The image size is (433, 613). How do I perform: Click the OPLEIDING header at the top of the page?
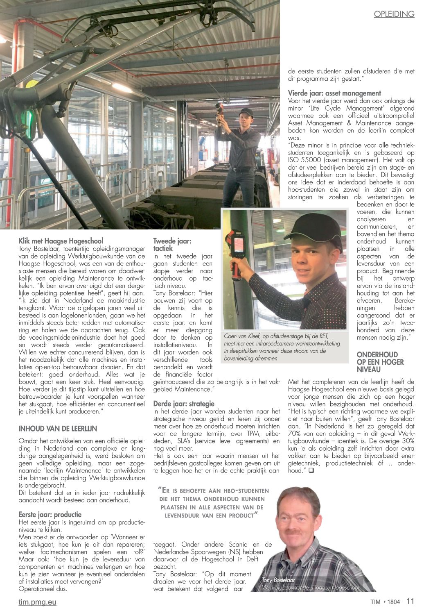[x=394, y=14]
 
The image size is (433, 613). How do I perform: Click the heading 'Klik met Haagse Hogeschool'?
[x=61, y=241]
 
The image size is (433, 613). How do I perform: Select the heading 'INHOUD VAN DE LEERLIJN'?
[x=58, y=429]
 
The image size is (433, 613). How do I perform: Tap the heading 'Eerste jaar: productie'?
[x=50, y=515]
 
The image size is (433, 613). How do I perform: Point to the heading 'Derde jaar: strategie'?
[x=184, y=404]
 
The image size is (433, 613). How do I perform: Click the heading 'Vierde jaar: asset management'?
[x=334, y=93]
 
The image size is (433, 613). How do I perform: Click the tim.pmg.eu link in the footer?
[x=37, y=602]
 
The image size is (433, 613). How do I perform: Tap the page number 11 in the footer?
[x=410, y=602]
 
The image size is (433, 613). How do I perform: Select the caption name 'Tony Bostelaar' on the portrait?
[x=278, y=580]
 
